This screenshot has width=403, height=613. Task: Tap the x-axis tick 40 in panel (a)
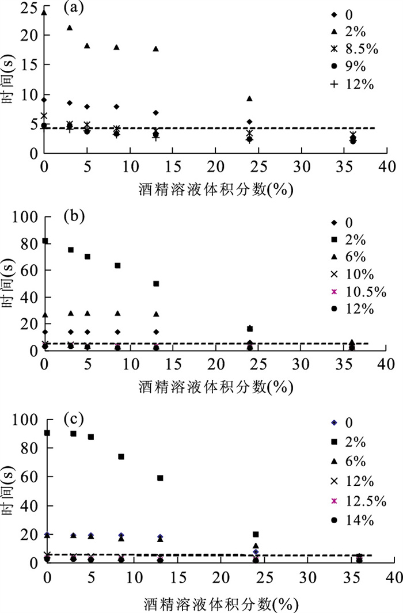coord(386,168)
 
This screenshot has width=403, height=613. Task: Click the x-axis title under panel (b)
coord(216,386)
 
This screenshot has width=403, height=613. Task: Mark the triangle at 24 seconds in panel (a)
coord(44,12)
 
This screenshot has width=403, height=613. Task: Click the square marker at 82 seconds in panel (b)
coord(45,241)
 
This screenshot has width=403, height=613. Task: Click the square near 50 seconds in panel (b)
coord(156,283)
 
